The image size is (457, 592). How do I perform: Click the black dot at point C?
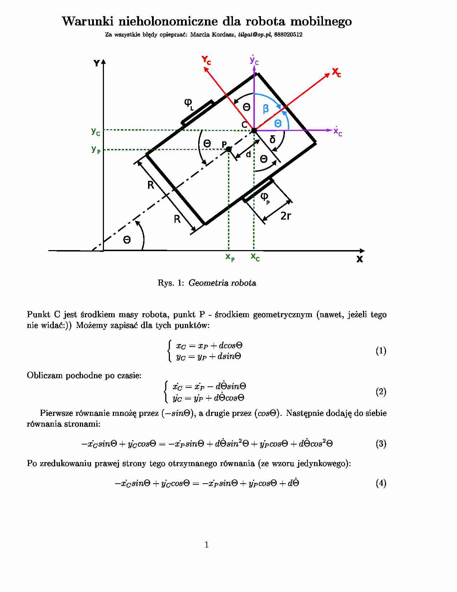pyautogui.click(x=254, y=130)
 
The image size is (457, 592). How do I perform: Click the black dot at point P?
pyautogui.click(x=229, y=149)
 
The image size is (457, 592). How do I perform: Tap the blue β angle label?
pyautogui.click(x=266, y=108)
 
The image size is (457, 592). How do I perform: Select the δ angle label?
pyautogui.click(x=272, y=139)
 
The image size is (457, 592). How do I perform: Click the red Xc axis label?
pyautogui.click(x=336, y=72)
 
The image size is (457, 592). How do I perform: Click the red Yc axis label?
pyautogui.click(x=206, y=60)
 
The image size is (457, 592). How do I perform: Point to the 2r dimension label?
pyautogui.click(x=285, y=216)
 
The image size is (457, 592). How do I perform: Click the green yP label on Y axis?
pyautogui.click(x=96, y=149)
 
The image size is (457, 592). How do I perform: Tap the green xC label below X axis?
pyautogui.click(x=255, y=257)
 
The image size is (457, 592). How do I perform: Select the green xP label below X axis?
pyautogui.click(x=230, y=257)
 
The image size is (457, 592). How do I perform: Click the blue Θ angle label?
pyautogui.click(x=278, y=123)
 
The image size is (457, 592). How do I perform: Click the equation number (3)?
pyautogui.click(x=381, y=444)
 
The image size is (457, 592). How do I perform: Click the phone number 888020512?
pyautogui.click(x=288, y=35)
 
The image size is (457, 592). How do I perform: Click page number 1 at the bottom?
pyautogui.click(x=206, y=545)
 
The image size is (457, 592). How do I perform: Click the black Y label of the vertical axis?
pyautogui.click(x=96, y=64)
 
